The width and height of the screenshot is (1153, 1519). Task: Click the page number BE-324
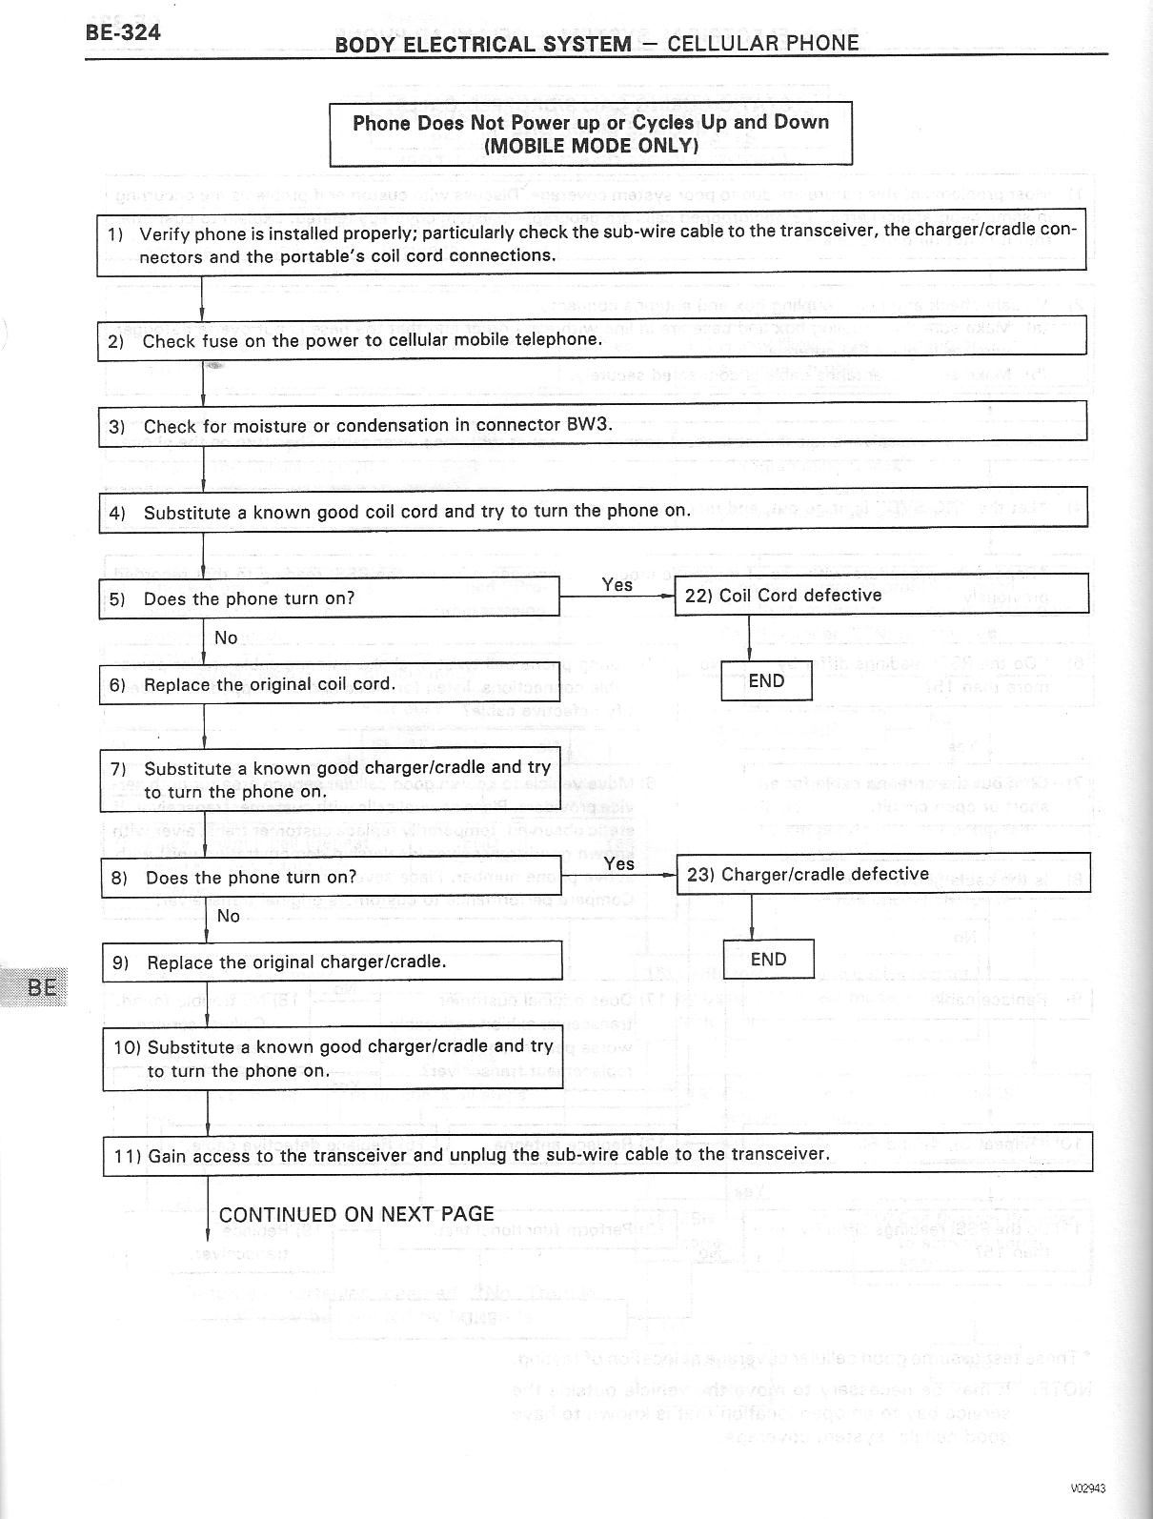coord(123,32)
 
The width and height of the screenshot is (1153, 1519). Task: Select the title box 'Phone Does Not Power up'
coord(591,133)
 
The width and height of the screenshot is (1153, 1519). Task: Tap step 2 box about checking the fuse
coord(591,340)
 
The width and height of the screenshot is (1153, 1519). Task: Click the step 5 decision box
coord(329,598)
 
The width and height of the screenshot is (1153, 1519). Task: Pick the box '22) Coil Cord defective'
coord(880,595)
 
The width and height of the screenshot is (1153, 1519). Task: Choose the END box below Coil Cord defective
coord(766,681)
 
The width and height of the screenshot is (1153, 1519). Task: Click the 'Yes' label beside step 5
coord(617,584)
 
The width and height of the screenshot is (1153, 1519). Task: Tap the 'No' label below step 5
coord(226,638)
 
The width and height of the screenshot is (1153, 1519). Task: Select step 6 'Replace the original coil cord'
coord(330,684)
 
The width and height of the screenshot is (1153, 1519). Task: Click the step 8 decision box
coord(331,878)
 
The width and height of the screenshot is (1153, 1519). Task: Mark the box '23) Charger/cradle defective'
coord(882,874)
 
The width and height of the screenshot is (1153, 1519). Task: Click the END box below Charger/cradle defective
coord(768,960)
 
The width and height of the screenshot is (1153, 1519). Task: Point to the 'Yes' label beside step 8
coord(619,863)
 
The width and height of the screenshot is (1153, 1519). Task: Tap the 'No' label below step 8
coord(229,916)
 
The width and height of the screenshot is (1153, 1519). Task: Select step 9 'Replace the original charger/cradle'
coord(332,962)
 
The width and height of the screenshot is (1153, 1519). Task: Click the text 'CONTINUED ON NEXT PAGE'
coord(356,1214)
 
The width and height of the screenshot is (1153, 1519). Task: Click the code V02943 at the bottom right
coord(1087,1489)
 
